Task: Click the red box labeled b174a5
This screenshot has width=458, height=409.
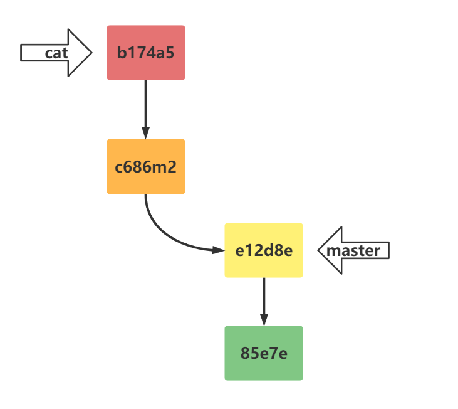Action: point(145,53)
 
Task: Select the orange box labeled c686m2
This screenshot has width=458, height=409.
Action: point(145,166)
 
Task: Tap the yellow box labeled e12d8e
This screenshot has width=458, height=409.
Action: point(264,250)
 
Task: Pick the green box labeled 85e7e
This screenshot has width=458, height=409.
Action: point(264,353)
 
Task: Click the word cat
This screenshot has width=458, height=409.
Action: point(56,53)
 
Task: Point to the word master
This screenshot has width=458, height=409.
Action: point(354,251)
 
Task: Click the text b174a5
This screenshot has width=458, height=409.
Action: point(145,53)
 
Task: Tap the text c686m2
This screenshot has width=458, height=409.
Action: point(145,167)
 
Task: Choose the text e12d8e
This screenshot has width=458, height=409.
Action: point(264,250)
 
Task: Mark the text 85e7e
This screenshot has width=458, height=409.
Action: point(264,353)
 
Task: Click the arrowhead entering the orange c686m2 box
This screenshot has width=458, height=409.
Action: point(145,133)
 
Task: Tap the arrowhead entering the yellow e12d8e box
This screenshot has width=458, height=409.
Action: point(219,250)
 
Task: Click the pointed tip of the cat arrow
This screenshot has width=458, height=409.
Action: point(91,53)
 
